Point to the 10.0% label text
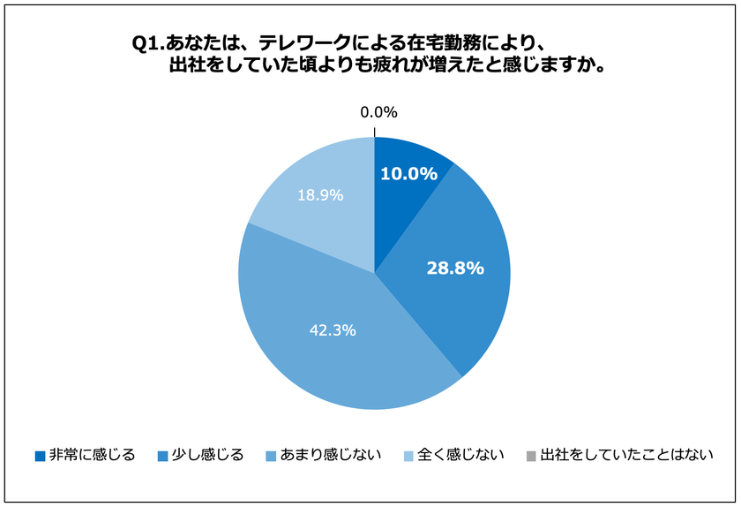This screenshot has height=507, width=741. click(408, 174)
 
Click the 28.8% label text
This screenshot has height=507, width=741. click(455, 269)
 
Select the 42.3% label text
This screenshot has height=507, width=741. click(332, 330)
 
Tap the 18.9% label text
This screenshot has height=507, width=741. click(320, 195)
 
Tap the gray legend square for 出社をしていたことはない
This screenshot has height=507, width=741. click(531, 457)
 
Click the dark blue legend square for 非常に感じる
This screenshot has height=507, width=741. click(40, 457)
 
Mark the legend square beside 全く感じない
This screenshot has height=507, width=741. click(408, 457)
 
